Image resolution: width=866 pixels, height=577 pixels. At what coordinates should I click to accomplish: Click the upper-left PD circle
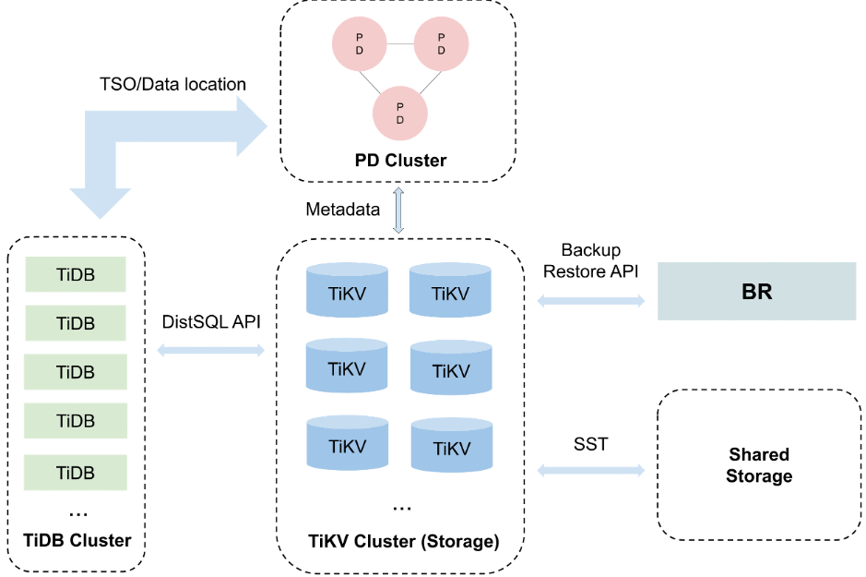point(359,43)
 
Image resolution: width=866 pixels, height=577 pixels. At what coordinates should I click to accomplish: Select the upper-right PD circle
point(441,43)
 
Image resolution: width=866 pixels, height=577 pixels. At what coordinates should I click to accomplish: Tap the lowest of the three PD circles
point(399,114)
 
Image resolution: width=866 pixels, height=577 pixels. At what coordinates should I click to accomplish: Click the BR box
point(756,292)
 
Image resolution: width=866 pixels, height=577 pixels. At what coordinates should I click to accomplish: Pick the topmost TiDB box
point(76,274)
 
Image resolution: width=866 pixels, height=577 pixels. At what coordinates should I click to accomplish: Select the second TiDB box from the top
point(76,323)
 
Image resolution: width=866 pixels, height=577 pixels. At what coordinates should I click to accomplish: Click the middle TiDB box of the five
point(76,372)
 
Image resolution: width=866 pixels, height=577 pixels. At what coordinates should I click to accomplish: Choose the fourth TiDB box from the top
point(76,421)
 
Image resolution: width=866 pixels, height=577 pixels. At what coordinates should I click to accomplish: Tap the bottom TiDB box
point(76,473)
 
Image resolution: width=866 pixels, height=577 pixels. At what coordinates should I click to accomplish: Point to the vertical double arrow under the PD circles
point(398,210)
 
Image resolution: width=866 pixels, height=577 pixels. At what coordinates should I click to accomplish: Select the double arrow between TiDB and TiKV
point(211,350)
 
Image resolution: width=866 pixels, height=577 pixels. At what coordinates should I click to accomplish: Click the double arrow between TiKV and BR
point(591,300)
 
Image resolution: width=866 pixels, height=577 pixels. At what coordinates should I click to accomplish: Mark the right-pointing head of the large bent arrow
point(250,126)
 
